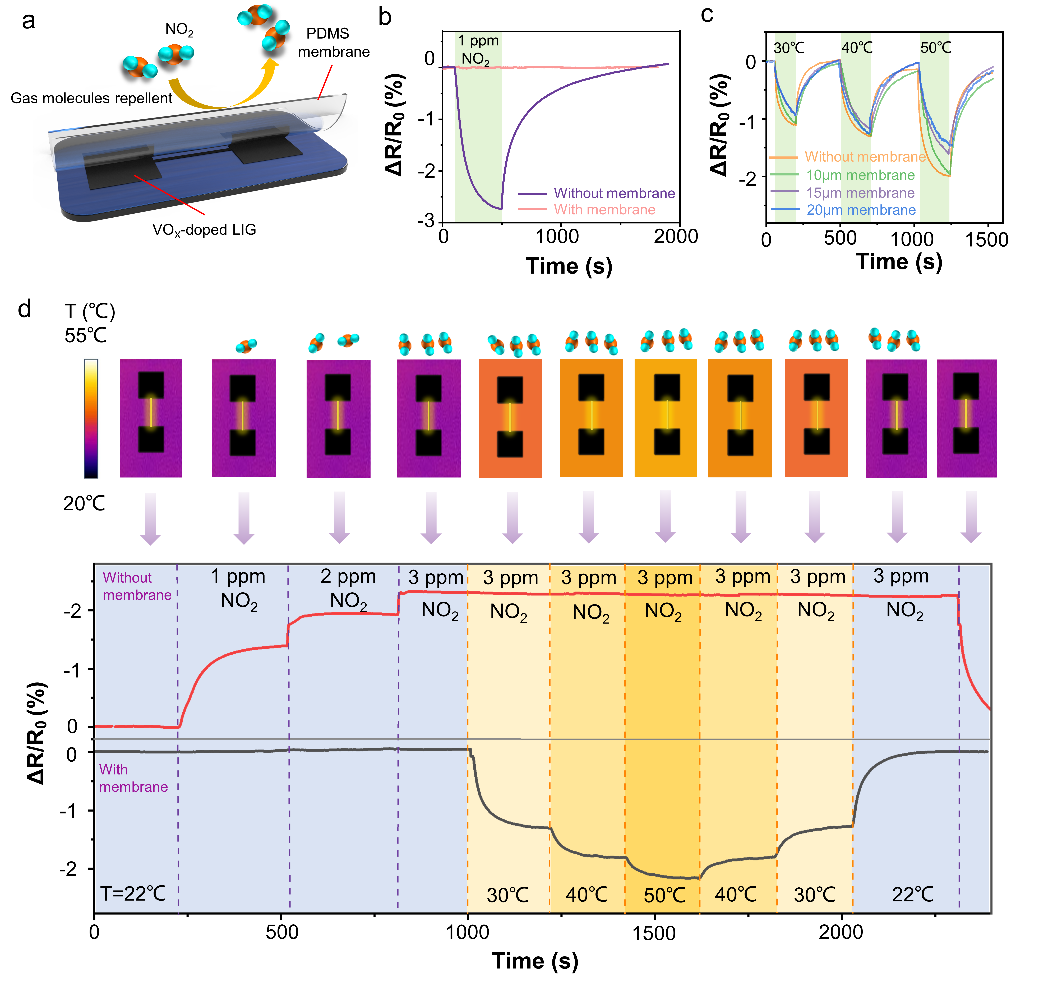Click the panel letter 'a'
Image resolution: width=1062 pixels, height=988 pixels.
pyautogui.click(x=28, y=21)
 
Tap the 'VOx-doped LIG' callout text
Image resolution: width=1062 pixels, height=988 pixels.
pyautogui.click(x=204, y=230)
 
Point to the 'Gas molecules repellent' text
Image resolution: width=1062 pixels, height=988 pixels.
pyautogui.click(x=91, y=98)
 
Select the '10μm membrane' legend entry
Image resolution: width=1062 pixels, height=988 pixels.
pyautogui.click(x=860, y=175)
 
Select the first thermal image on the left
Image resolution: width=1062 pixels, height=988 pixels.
pyautogui.click(x=151, y=418)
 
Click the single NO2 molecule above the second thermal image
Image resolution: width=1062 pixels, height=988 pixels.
pyautogui.click(x=246, y=345)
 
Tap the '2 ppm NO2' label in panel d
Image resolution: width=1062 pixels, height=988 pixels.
pyautogui.click(x=348, y=588)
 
